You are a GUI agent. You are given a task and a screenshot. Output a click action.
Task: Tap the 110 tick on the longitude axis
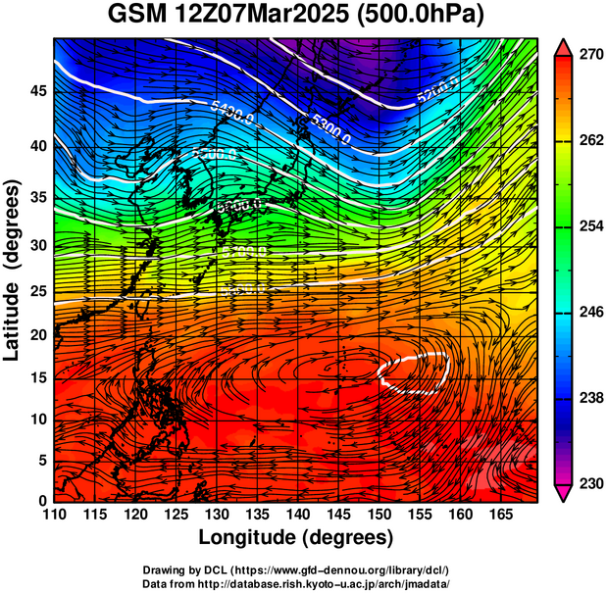[x=54, y=514]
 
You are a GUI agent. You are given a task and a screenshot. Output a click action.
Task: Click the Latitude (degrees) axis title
[x=14, y=270]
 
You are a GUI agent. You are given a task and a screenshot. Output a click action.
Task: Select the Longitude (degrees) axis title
[x=296, y=537]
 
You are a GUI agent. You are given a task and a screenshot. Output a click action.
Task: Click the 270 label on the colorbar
[x=589, y=56]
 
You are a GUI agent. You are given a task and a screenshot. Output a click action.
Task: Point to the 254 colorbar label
[x=589, y=226]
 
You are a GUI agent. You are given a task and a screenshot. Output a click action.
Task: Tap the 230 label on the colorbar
[x=589, y=483]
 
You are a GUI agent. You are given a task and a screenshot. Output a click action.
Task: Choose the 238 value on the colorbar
[x=589, y=398]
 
